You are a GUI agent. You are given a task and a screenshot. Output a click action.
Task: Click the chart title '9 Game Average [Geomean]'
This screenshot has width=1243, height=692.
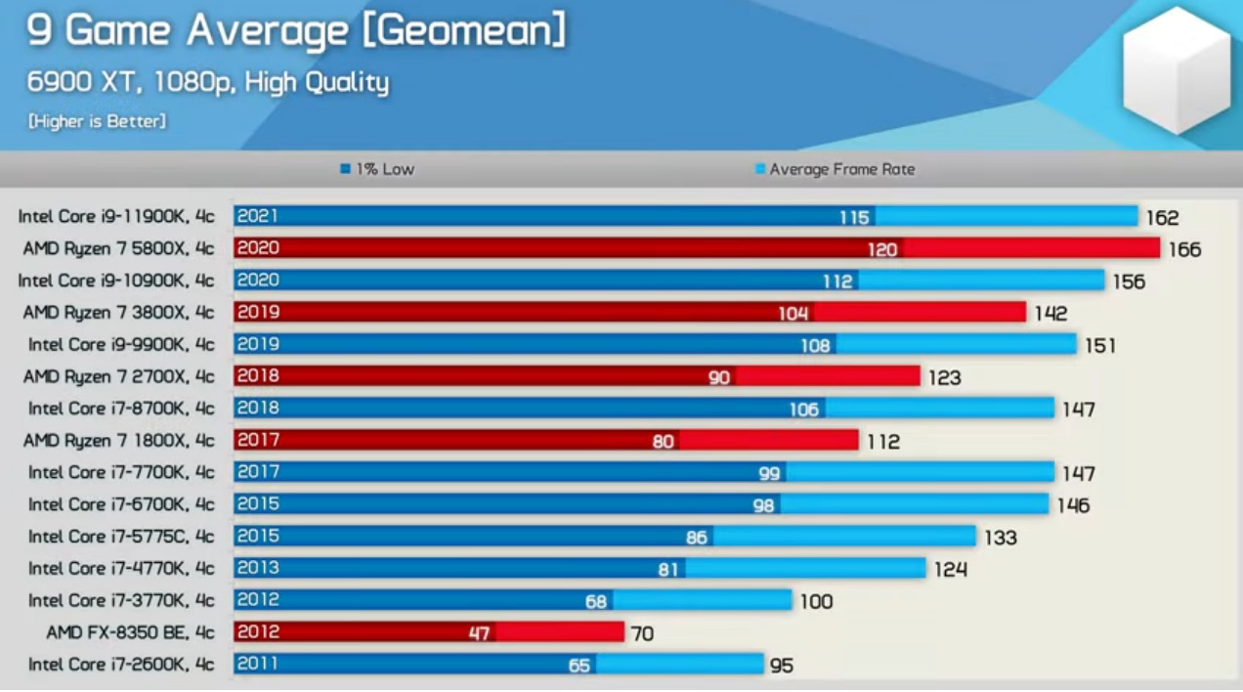(296, 31)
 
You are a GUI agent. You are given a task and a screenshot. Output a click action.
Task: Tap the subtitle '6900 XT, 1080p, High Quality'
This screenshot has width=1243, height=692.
(208, 82)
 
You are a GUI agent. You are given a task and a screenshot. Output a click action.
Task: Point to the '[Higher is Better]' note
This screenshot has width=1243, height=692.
(97, 121)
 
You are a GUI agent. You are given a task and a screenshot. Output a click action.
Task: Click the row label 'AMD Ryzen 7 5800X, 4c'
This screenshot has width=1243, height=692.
(118, 248)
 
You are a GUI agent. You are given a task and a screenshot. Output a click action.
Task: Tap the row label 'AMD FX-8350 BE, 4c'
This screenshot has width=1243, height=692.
(130, 632)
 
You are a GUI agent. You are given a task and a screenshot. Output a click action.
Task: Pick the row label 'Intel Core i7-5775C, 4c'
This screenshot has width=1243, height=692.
(121, 537)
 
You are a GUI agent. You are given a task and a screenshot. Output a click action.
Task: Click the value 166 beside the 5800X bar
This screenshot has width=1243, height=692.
(1184, 250)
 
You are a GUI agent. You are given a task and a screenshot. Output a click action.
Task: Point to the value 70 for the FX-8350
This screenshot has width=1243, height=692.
(642, 634)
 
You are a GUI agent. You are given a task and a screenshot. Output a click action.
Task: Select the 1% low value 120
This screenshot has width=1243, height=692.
(881, 250)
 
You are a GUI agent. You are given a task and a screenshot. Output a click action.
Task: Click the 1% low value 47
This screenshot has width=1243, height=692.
(478, 633)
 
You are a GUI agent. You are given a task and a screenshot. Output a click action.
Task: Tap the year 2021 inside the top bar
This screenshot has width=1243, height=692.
(258, 216)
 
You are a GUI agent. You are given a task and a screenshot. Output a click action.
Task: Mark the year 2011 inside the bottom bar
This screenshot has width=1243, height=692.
(257, 664)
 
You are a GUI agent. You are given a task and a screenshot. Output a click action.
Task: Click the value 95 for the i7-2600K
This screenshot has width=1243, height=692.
(781, 667)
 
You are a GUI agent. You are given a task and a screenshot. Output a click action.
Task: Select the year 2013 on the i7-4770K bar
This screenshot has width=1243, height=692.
(258, 568)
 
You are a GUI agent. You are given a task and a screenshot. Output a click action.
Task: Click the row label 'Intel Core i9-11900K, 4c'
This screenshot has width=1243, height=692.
(116, 217)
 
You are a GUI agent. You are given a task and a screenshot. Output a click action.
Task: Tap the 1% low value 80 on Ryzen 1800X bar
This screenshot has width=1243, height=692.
(663, 442)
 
